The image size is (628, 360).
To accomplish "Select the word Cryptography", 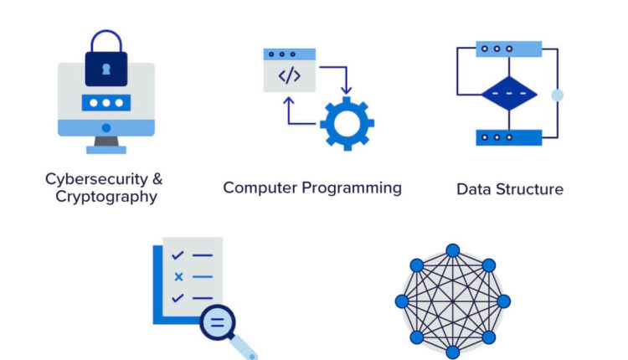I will pos(106,197).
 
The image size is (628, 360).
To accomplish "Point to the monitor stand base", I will pos(106,150).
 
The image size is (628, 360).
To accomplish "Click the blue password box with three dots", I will pos(106,103).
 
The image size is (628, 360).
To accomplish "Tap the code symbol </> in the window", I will pos(289,76).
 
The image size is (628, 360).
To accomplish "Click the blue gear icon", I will pos(347,123).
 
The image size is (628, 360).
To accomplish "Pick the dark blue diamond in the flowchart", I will pos(508,94).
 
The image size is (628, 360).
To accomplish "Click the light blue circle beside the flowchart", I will pos(557,95).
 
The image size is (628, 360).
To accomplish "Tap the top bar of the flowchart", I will pos(508,49).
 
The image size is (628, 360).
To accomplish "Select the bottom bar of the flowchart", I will pos(508,137).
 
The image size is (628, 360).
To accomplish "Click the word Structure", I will pos(529,189).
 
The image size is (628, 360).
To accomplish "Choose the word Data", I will pos(472,189).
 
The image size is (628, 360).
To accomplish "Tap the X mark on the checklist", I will pos(178,276).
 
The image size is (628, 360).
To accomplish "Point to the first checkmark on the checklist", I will pos(178,255).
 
